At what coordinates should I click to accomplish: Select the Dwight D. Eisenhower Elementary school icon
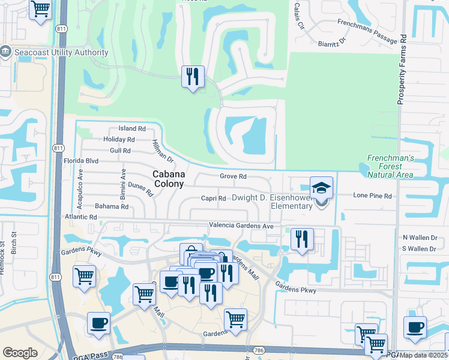[321, 188]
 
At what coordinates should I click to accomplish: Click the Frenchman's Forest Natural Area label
[390, 166]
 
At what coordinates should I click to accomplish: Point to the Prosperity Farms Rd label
[403, 69]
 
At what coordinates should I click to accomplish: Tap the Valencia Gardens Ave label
[241, 226]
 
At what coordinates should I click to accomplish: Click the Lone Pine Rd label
[372, 196]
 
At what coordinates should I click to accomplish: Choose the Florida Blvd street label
[80, 161]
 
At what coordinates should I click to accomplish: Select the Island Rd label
[132, 128]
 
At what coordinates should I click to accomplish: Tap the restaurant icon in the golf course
[193, 76]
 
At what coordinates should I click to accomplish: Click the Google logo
[20, 352]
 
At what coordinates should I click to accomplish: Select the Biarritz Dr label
[334, 41]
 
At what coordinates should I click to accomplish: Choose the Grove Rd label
[233, 176]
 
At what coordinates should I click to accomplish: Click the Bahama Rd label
[112, 206]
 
